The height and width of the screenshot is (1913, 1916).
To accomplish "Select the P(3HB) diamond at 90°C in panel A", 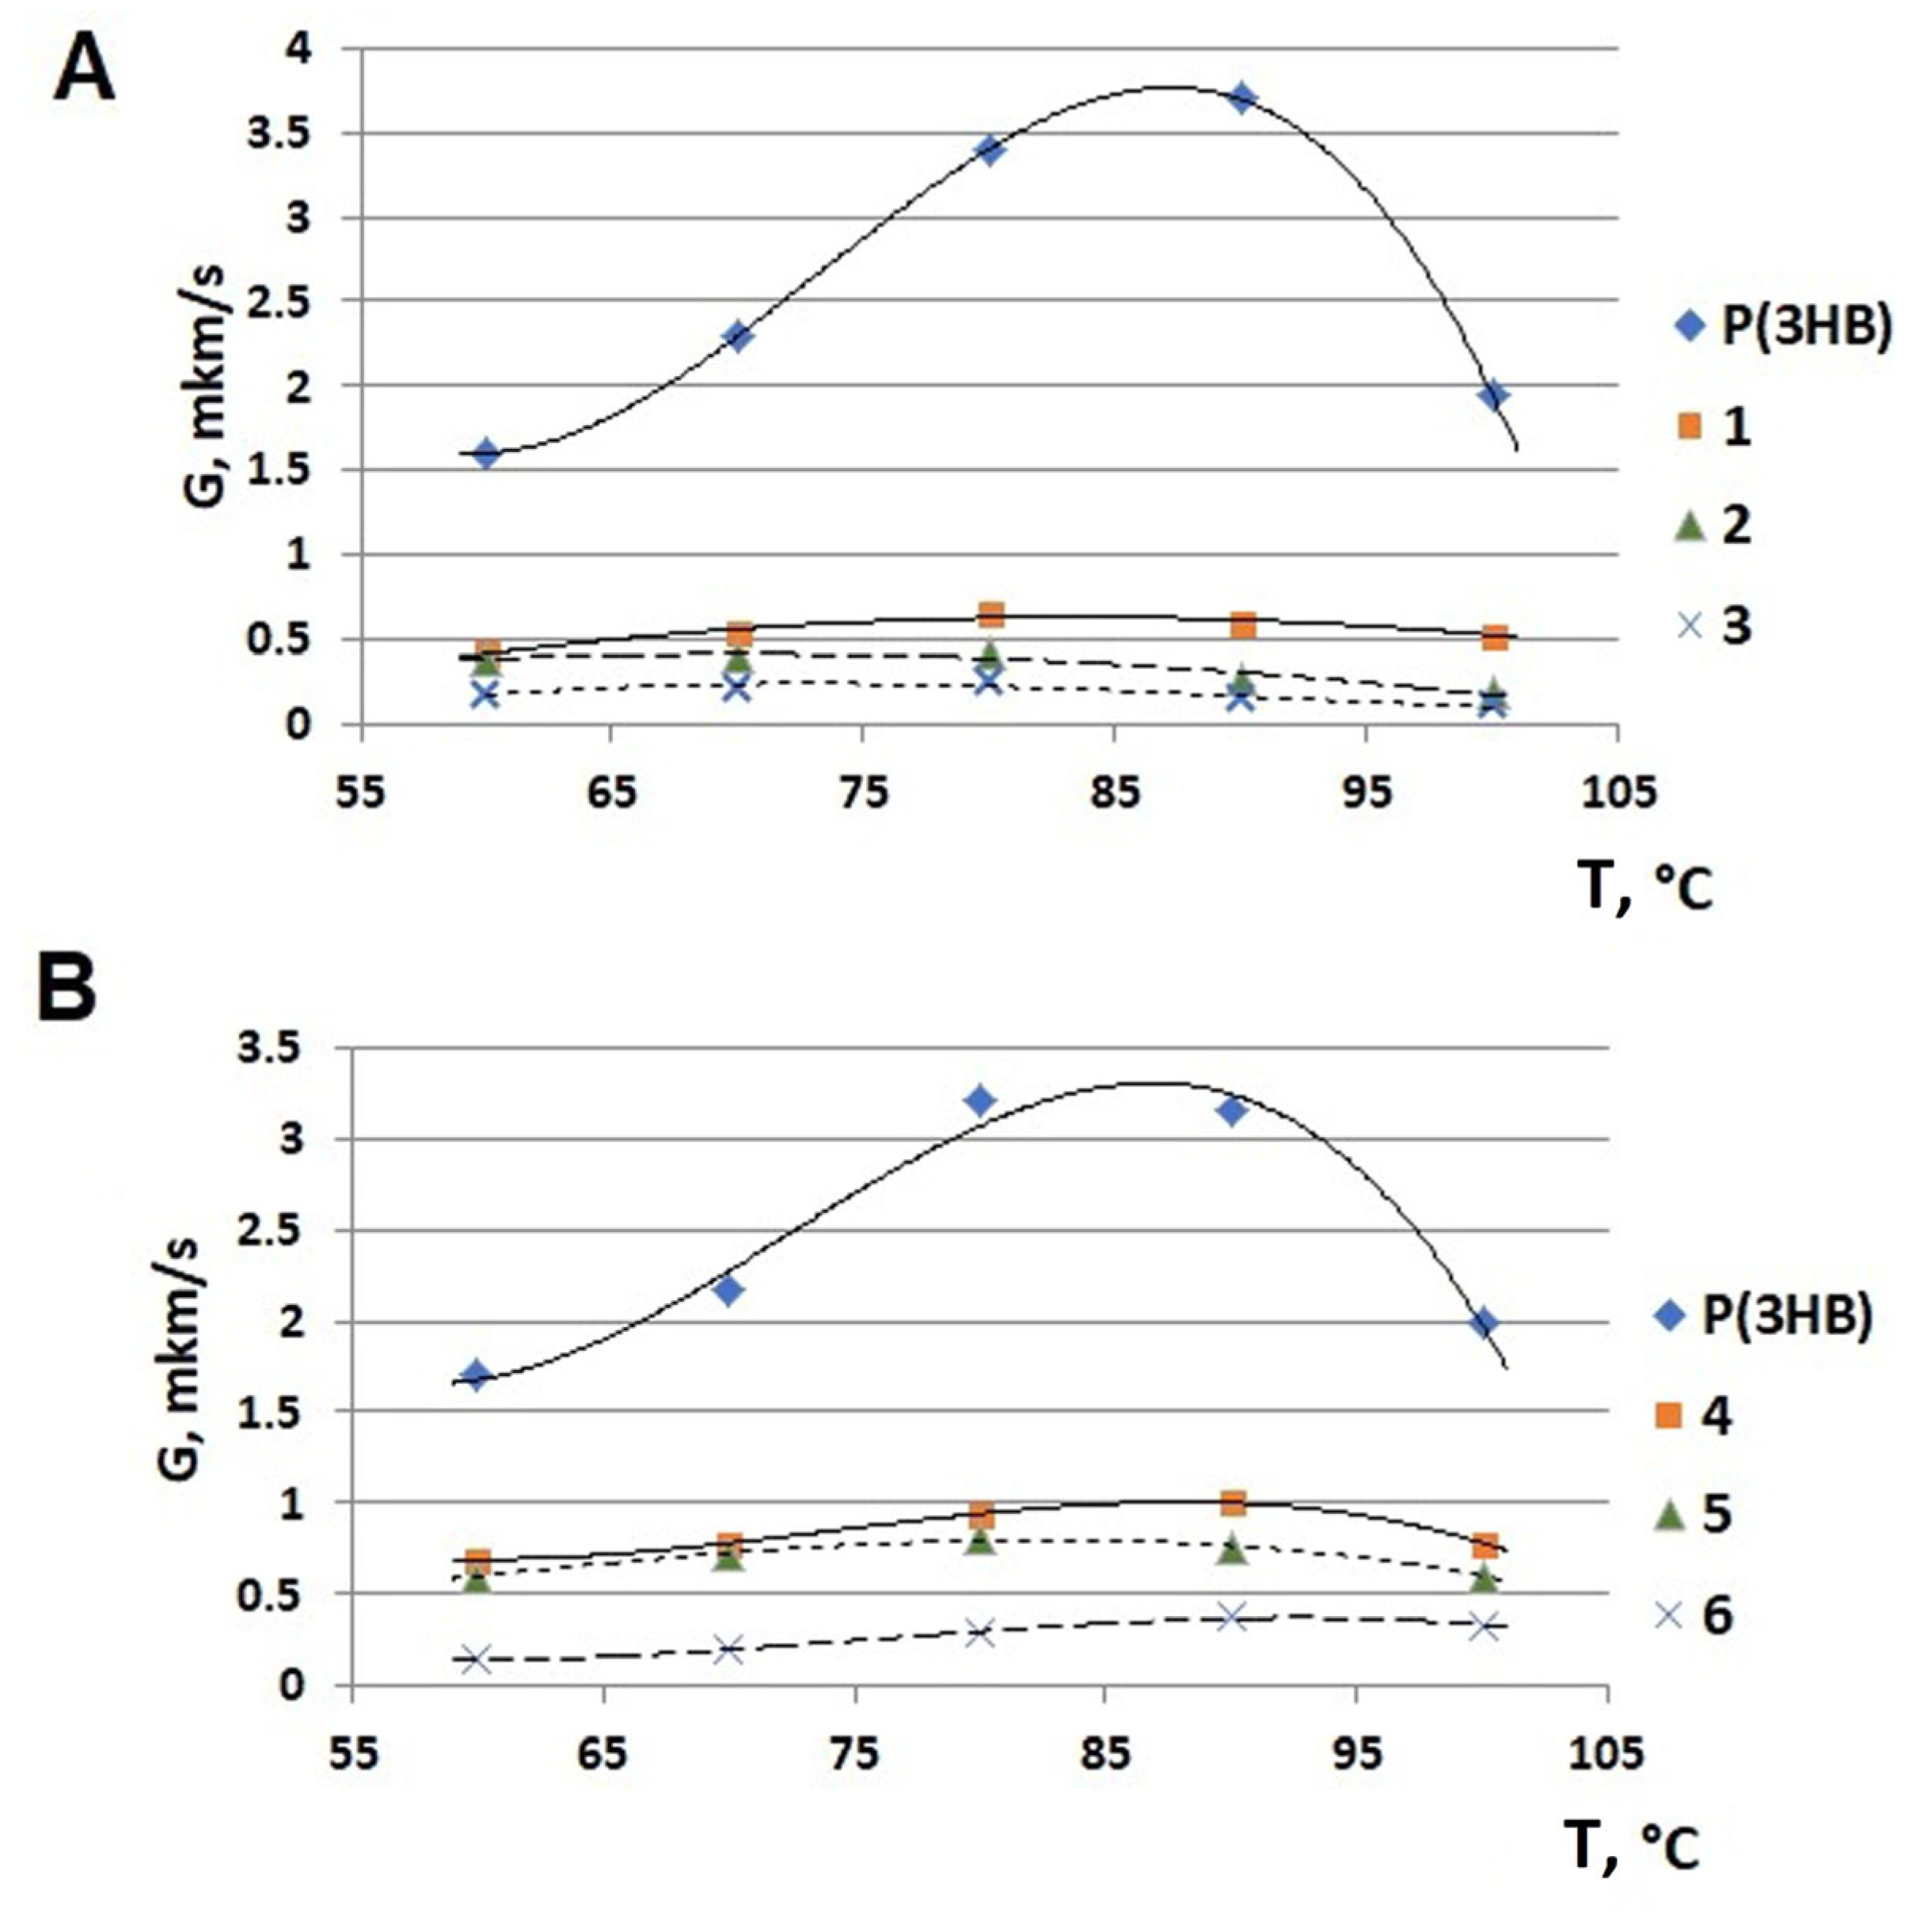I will (x=1241, y=98).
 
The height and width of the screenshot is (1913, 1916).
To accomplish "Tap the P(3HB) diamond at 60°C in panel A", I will (x=485, y=454).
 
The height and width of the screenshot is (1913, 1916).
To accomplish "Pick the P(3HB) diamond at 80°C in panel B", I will (x=980, y=1101).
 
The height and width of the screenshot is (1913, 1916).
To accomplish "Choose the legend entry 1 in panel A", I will (x=1735, y=428).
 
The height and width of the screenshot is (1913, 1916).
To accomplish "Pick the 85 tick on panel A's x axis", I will (x=1115, y=794).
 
